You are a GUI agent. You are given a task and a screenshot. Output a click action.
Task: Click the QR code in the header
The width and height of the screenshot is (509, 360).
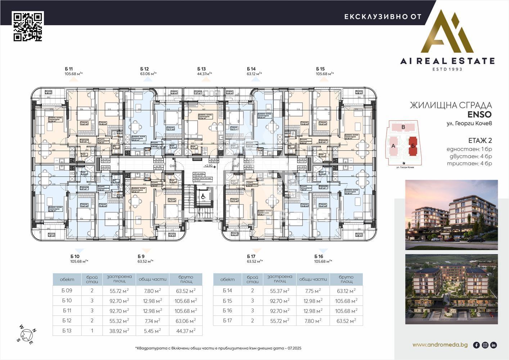[x=28, y=26]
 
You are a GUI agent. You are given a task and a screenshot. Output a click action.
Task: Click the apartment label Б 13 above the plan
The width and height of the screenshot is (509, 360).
[x=201, y=69]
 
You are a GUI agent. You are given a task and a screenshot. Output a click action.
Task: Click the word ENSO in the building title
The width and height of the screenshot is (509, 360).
[x=479, y=114]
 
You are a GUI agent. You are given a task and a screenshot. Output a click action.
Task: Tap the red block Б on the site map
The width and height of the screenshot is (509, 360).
[x=413, y=146]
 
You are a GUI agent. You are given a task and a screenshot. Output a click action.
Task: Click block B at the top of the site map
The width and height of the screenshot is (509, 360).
[x=403, y=127]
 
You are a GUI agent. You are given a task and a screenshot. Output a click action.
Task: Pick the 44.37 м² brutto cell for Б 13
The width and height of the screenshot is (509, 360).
[x=185, y=330]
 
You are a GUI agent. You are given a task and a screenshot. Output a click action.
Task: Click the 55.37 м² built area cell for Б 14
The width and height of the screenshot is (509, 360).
[x=280, y=291]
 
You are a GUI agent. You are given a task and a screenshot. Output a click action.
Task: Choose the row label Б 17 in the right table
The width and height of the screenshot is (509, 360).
[x=228, y=321]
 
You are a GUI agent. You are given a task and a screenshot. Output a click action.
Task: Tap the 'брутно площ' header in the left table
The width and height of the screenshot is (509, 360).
[x=185, y=279]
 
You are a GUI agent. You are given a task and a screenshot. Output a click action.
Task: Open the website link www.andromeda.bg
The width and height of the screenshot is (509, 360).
[x=440, y=345]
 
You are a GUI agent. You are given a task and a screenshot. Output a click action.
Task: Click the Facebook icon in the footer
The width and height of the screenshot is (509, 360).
[x=476, y=345]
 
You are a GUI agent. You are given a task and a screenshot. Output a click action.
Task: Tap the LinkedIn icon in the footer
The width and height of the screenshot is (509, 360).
[x=494, y=345]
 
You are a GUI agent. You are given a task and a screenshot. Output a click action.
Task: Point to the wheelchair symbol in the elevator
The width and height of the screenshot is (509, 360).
[x=203, y=196]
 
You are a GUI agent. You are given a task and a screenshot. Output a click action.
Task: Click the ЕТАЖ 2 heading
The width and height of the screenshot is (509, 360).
[x=480, y=140]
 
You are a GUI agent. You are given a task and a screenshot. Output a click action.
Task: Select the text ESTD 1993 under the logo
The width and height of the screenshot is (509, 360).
[x=447, y=69]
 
